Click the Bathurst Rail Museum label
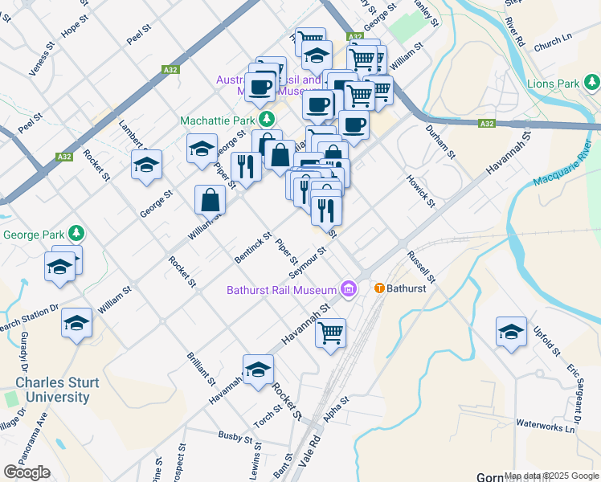[281, 290]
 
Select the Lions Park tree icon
[592, 83]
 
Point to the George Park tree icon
[76, 235]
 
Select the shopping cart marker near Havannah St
[330, 332]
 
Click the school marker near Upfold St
[511, 330]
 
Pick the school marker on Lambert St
[145, 164]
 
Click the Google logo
[27, 472]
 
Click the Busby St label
[235, 435]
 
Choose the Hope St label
[72, 27]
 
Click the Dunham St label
[440, 141]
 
